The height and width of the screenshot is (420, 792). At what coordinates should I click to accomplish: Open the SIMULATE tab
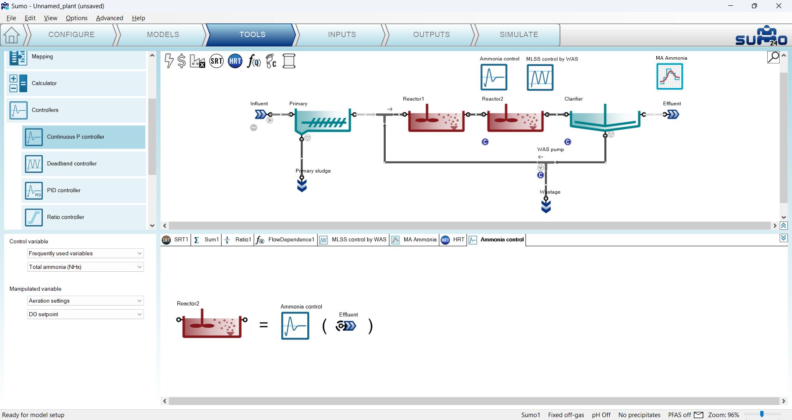click(x=519, y=35)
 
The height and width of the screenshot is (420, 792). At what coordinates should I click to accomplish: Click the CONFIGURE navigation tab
click(x=71, y=35)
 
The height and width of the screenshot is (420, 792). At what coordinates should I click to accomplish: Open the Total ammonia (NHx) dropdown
click(x=85, y=267)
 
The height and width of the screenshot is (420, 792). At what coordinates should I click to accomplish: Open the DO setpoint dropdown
click(x=85, y=314)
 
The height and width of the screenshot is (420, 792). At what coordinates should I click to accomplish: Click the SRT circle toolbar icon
click(x=217, y=61)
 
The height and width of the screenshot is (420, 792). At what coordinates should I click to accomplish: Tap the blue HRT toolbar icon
click(x=235, y=61)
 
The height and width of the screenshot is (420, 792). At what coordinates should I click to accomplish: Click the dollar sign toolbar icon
click(x=181, y=61)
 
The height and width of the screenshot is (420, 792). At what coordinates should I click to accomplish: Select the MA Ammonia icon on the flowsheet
click(x=669, y=76)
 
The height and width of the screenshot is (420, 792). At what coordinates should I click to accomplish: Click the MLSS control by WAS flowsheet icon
click(x=540, y=77)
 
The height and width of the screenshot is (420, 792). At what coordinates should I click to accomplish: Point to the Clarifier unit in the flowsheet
click(x=605, y=120)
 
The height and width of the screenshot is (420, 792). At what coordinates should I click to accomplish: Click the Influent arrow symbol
click(x=261, y=114)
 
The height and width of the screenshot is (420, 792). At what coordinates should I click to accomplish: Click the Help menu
click(x=139, y=18)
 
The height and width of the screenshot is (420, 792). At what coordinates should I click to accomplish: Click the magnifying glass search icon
click(x=773, y=57)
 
